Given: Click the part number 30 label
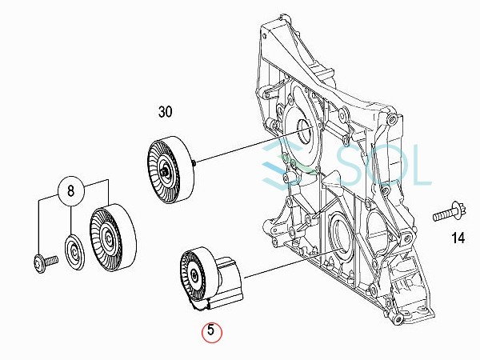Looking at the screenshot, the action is [166, 112].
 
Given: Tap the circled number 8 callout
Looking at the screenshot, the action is [70, 191].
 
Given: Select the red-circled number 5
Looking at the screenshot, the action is [211, 331].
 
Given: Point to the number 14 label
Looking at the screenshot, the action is [458, 238].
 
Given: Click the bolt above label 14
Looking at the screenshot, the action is [450, 213].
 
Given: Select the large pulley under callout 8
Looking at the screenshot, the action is [113, 238].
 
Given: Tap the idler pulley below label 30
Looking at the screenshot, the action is [171, 170].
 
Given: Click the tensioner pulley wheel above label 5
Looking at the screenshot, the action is [195, 275].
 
